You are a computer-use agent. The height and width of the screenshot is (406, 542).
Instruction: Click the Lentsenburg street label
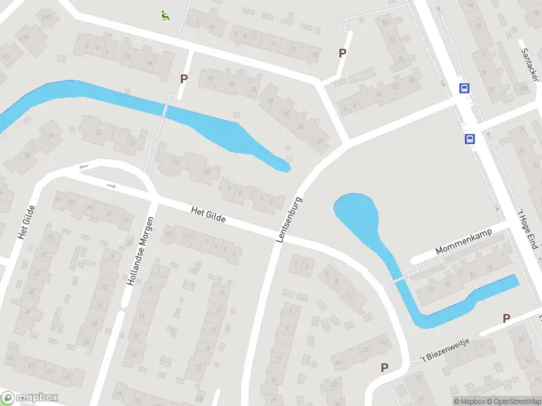[x=289, y=220]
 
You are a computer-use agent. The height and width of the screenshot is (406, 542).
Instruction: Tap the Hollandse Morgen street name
[x=141, y=250]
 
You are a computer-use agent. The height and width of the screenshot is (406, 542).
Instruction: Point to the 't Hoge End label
[x=526, y=228]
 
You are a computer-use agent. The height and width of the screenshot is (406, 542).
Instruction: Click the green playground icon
[x=164, y=14]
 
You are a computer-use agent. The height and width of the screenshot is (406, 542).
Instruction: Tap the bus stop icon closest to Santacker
[x=465, y=88]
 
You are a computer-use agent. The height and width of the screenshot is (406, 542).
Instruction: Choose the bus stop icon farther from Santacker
[x=469, y=139]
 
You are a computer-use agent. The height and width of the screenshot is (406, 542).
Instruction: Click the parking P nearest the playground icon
[x=184, y=78]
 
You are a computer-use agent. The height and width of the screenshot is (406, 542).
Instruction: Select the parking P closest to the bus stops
[x=342, y=53]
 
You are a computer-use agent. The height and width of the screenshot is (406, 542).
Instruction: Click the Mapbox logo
[x=30, y=398]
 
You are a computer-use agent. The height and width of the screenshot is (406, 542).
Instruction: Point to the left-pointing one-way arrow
[x=84, y=166]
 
